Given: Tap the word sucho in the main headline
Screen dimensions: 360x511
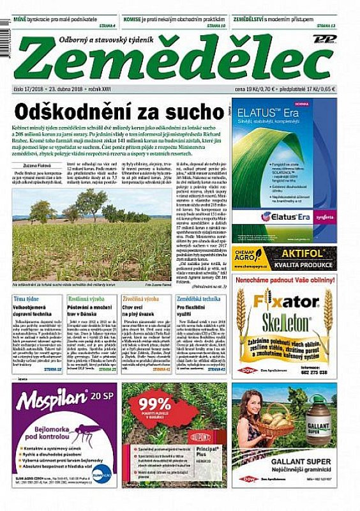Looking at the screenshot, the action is pos(188,112).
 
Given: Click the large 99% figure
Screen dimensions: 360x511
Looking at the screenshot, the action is pos(154,404).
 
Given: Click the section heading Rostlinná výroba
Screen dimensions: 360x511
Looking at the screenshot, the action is pos(87,299).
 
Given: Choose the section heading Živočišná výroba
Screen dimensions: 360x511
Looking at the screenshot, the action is pos(141,299).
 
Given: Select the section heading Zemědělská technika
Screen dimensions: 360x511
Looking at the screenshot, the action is pos(199,299).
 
